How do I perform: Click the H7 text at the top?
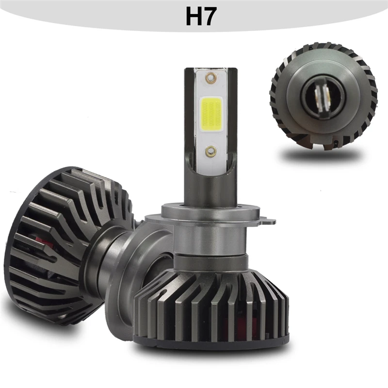click(x=200, y=16)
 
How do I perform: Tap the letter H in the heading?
click(x=192, y=16)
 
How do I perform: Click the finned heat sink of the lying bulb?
click(x=63, y=242)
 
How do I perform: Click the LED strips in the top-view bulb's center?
click(x=323, y=96)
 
